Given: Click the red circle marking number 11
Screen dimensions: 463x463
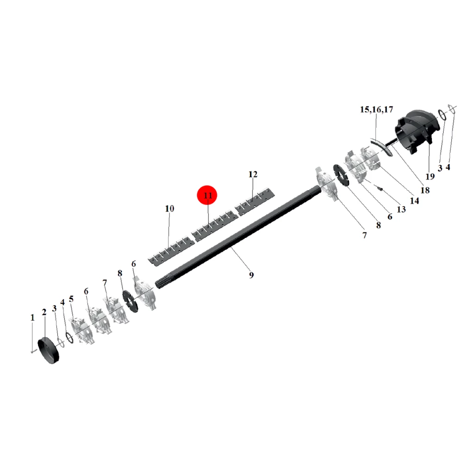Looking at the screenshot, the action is tap(207, 195).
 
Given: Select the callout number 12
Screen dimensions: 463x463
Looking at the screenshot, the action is tap(253, 175).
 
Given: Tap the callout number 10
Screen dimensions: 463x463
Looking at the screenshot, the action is tap(169, 209).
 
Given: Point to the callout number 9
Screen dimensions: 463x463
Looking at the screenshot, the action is tap(251, 275).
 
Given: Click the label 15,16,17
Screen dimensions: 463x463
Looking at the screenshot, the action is tap(376, 110).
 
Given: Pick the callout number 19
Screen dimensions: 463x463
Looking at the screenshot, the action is tap(430, 176).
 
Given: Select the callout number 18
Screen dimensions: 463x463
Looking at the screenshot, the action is tap(425, 190).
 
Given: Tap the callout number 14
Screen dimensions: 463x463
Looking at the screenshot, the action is tap(414, 201).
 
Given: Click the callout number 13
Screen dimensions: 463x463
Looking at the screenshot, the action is tap(401, 209).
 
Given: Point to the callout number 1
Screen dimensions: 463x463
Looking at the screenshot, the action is tap(32, 318).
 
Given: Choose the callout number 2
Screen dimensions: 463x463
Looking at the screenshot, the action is tap(44, 312).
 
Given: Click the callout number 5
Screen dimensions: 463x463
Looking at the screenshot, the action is tap(71, 299).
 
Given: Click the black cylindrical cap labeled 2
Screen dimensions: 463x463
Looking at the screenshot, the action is tap(49, 350).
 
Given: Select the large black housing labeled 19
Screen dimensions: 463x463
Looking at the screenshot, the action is tap(417, 131).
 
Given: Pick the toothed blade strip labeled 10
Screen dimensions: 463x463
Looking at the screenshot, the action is tap(171, 251).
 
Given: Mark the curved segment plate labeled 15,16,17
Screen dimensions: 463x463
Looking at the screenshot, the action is tap(382, 147).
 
